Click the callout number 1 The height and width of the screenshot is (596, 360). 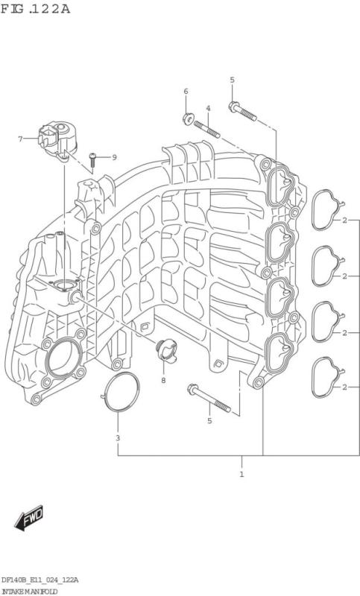tap(241, 474)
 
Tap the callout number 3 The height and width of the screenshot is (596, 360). tap(117, 437)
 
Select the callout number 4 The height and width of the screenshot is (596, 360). tap(208, 109)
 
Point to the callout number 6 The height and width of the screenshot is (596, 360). tap(186, 92)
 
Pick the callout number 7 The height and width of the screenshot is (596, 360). tap(21, 139)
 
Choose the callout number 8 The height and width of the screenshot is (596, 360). tap(162, 381)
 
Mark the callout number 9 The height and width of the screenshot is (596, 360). tap(114, 157)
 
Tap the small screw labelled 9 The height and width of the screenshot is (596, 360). tap(92, 158)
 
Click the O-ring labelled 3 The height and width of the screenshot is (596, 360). tap(121, 393)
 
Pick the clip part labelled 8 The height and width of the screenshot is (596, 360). tap(162, 349)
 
